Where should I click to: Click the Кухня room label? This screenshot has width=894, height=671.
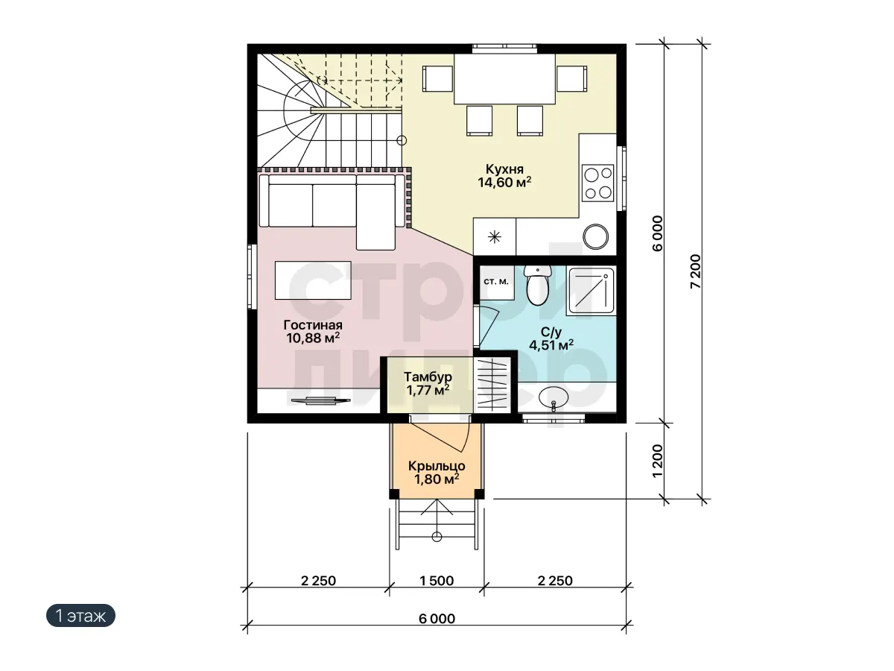pos(504,169)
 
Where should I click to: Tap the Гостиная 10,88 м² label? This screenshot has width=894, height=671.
pos(313,332)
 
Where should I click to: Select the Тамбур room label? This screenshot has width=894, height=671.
pos(428,377)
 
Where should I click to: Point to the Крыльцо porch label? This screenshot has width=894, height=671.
pos(437,466)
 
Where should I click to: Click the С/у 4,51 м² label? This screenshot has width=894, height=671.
pos(551,339)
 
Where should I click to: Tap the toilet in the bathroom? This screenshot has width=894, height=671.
pos(538,286)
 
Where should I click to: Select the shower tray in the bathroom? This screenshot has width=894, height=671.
pos(591,291)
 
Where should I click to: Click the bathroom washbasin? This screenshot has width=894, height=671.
pos(553,397)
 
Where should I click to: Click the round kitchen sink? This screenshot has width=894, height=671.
pos(595,236)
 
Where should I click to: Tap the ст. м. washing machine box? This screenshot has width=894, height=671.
pos(496,283)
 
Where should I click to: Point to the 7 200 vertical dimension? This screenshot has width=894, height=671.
pos(697,271)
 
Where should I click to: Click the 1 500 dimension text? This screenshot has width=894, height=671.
pos(437,581)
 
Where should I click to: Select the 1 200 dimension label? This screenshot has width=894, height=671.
pos(658,461)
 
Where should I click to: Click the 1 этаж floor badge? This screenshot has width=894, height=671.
pos(80,616)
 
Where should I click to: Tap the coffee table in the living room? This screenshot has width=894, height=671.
pos(313,280)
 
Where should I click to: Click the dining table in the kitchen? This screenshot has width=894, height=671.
pos(504,78)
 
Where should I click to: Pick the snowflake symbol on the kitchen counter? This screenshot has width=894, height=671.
pos(495,236)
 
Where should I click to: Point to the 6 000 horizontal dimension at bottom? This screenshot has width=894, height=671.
pos(437,619)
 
